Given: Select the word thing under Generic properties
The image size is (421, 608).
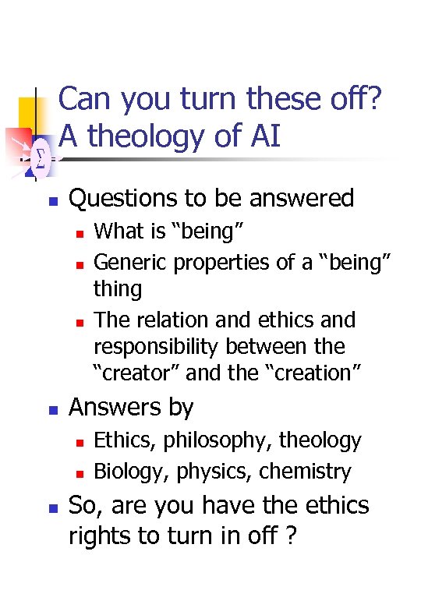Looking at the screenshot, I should click(118, 289).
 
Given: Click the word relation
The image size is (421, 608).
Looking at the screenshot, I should click(173, 320).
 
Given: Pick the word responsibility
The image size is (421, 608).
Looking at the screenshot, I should click(159, 346).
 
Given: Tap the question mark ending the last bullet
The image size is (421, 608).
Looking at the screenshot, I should click(291, 537).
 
